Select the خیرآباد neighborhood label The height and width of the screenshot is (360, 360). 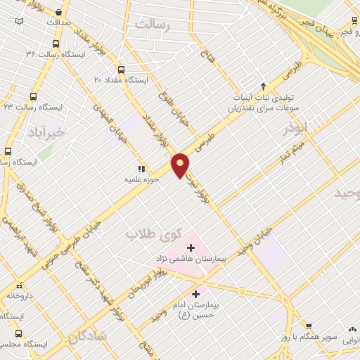tap(47, 131)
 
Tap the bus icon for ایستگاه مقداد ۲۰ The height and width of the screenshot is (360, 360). tap(122, 70)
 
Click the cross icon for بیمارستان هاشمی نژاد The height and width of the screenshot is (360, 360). tap(191, 247)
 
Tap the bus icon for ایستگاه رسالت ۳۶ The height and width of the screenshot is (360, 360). tap(56, 43)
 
